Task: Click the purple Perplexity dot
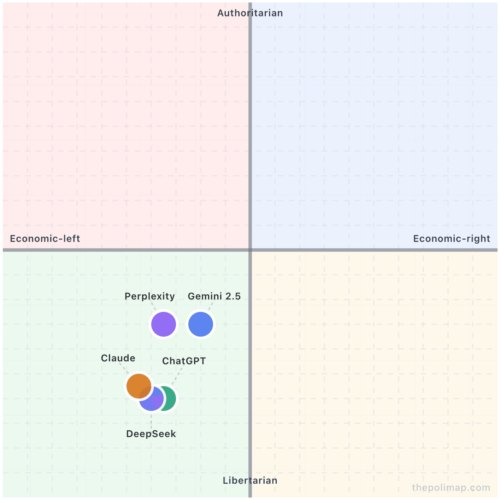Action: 164,324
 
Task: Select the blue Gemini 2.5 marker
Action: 201,324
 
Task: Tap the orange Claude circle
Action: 139,386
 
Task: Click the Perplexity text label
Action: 149,296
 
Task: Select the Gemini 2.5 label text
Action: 214,296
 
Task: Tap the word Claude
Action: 118,358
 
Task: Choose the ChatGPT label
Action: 184,361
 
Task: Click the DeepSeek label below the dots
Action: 151,434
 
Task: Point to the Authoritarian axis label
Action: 250,13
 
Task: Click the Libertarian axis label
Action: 250,481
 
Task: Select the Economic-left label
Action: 45,239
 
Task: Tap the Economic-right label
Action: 452,239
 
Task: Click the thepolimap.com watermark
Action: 451,488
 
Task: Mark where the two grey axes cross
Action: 250,250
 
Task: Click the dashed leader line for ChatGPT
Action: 177,376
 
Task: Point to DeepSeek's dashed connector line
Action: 151,421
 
